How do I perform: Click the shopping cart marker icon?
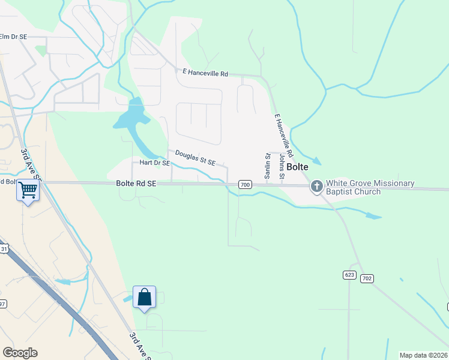pyautogui.click(x=28, y=190)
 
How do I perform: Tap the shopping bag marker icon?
pyautogui.click(x=144, y=296)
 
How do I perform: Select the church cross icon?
pyautogui.click(x=317, y=187)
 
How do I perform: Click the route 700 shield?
pyautogui.click(x=244, y=184)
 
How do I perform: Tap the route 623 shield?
pyautogui.click(x=350, y=275)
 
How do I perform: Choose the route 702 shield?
pyautogui.click(x=367, y=278)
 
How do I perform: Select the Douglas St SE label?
pyautogui.click(x=195, y=158)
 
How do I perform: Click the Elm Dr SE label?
pyautogui.click(x=14, y=37)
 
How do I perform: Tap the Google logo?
pyautogui.click(x=20, y=353)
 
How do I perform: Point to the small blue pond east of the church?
pyautogui.click(x=373, y=216)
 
